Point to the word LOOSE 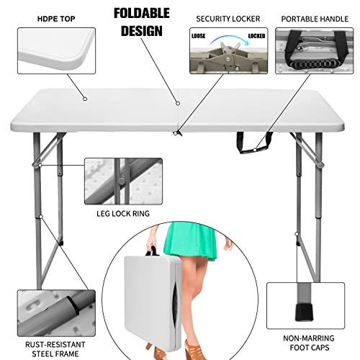(x=199, y=34)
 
